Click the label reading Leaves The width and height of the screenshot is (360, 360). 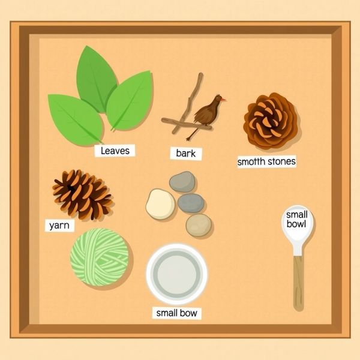point(115,151)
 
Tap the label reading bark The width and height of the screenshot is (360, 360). point(186,154)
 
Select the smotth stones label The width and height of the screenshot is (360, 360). point(266,161)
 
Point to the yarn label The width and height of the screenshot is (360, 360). point(59,225)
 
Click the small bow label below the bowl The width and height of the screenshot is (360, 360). point(176,313)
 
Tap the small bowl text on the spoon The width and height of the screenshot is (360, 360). point(296,219)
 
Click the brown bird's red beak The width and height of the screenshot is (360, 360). point(223,99)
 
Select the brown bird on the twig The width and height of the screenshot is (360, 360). point(206,113)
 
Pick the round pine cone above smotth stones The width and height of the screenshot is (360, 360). point(271,121)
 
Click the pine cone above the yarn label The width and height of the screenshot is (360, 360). point(82,194)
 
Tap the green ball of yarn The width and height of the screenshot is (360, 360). point(100,257)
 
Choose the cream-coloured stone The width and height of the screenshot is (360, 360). point(160,203)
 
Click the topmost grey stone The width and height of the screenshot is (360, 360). point(182,182)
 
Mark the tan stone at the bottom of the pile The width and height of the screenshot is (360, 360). point(199,225)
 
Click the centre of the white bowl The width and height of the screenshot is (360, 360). point(176,274)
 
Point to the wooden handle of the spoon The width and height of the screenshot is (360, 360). point(298,283)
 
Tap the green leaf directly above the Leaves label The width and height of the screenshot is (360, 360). point(75,119)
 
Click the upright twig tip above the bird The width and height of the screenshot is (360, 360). point(201,74)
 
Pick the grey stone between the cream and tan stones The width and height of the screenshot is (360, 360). point(191,203)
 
